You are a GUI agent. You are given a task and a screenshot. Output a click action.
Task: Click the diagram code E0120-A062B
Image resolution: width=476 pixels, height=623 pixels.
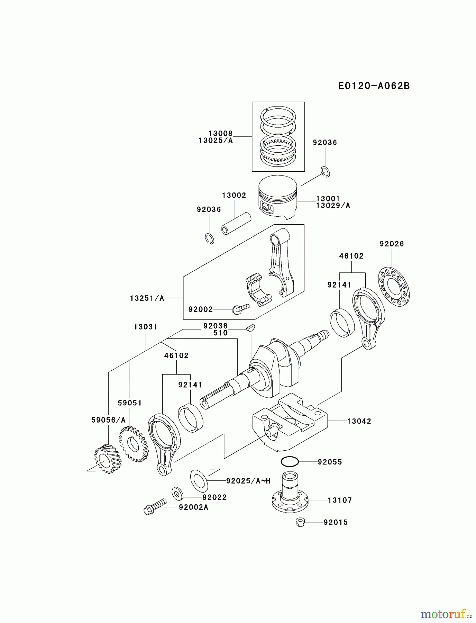pyautogui.click(x=374, y=86)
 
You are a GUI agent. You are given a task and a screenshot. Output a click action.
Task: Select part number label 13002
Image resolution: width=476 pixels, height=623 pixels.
pyautogui.click(x=234, y=196)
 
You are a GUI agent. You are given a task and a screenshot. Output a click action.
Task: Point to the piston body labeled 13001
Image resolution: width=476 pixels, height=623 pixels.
pyautogui.click(x=278, y=197)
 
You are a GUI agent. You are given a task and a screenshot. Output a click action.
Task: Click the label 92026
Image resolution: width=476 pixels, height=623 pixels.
pyautogui.click(x=392, y=244)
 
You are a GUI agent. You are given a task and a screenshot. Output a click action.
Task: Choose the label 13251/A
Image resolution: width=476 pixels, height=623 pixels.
pyautogui.click(x=147, y=298)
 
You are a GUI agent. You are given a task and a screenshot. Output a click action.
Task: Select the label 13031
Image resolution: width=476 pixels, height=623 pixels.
pyautogui.click(x=146, y=327)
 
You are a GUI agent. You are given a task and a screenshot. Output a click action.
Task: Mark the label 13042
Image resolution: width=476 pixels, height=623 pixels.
pyautogui.click(x=359, y=421)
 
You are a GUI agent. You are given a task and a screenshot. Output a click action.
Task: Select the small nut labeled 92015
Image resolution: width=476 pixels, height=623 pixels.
pyautogui.click(x=300, y=522)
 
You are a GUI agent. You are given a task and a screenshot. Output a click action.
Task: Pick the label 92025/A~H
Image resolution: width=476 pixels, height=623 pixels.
pyautogui.click(x=248, y=481)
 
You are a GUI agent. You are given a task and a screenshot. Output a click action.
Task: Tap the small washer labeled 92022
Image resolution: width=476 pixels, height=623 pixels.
pyautogui.click(x=177, y=493)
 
